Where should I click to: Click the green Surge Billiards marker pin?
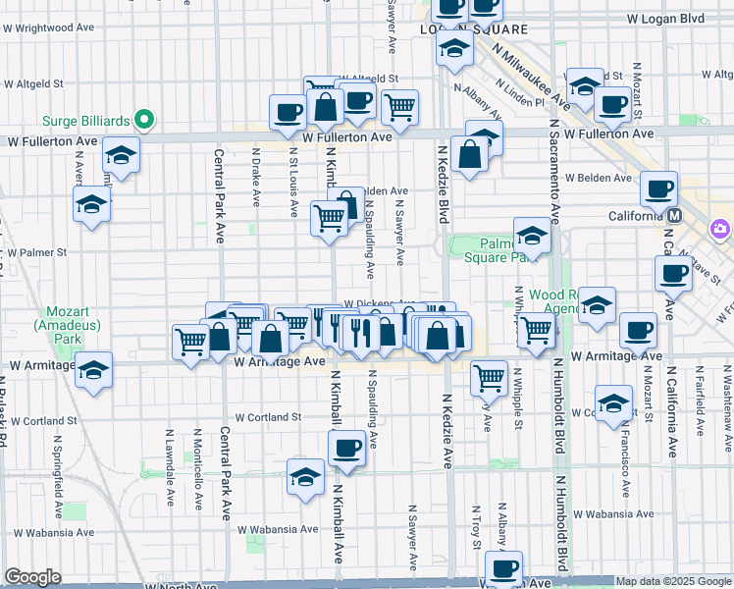[144, 120]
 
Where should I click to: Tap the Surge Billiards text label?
[86, 121]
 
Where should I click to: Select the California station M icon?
[675, 216]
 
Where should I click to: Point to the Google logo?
[32, 577]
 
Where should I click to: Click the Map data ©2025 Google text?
[674, 581]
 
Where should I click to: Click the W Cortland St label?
[267, 417]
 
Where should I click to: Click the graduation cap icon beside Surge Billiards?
[122, 154]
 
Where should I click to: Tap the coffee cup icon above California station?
[658, 187]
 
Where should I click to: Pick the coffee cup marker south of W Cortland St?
[344, 450]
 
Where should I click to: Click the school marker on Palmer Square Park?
[532, 235]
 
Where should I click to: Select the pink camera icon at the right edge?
[720, 229]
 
